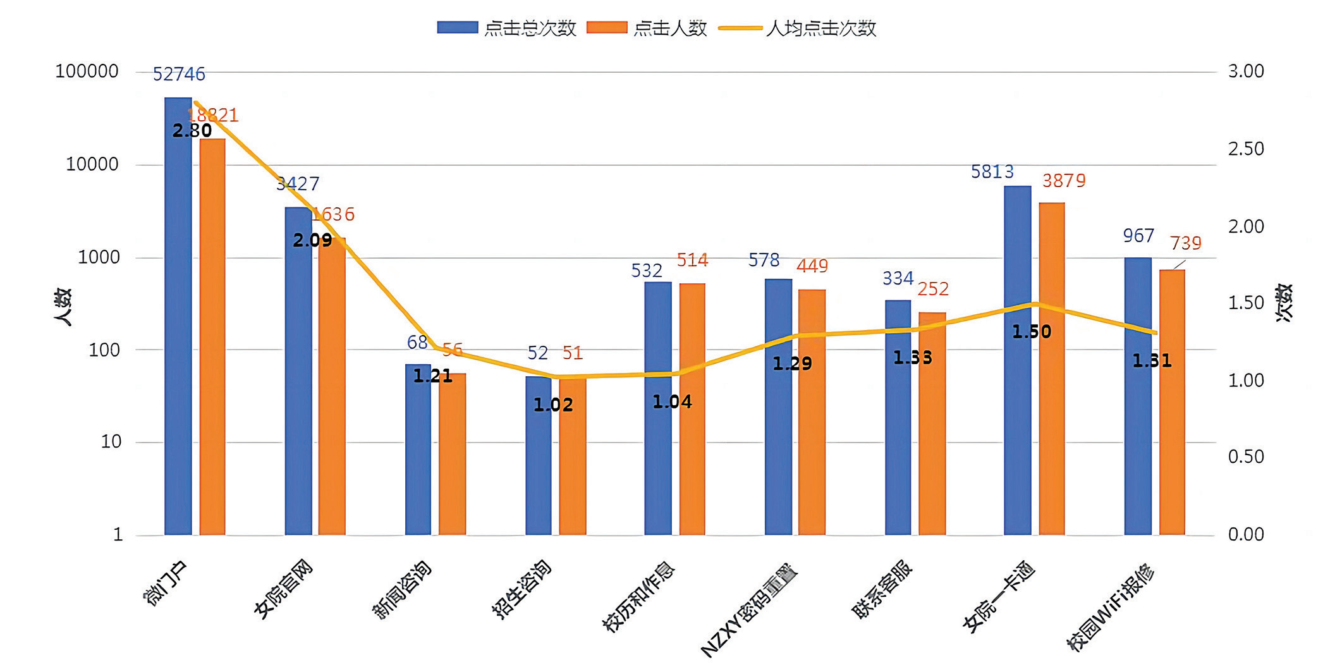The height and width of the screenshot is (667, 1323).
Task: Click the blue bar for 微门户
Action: [x=178, y=316]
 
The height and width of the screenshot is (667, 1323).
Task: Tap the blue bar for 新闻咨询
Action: [x=418, y=450]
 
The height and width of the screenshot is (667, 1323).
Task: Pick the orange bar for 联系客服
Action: [x=932, y=424]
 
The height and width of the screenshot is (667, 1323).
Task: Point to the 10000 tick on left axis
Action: [x=92, y=164]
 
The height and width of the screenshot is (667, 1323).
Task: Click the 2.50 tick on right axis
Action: [x=1246, y=149]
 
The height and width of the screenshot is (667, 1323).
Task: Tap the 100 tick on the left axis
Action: [x=104, y=350]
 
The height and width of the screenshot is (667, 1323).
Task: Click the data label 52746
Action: [x=179, y=75]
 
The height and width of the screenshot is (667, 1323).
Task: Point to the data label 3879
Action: [x=1064, y=181]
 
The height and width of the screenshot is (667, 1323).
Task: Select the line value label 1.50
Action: [x=1032, y=332]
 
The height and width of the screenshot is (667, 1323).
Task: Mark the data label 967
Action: [x=1138, y=236]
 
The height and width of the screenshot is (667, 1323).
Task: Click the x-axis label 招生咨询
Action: [x=522, y=588]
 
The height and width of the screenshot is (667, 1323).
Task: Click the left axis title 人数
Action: [x=63, y=307]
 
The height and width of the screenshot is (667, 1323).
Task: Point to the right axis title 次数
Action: [x=1284, y=303]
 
